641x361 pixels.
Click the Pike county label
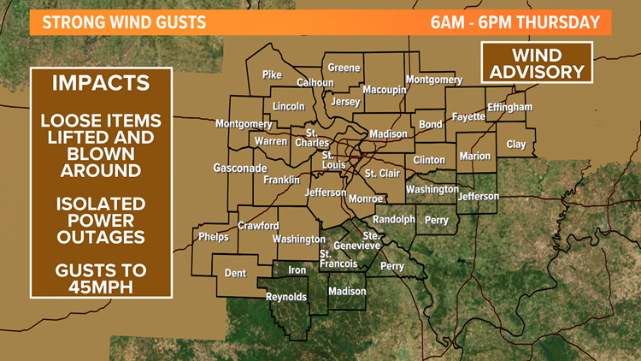[x=272, y=75]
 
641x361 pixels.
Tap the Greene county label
[x=344, y=68]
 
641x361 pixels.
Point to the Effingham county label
[x=510, y=107]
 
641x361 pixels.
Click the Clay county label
[x=516, y=145]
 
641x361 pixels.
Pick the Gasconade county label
[x=240, y=169]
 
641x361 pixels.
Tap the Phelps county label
[x=213, y=237]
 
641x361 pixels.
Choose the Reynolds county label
[x=286, y=297]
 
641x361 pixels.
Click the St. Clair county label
[x=382, y=174]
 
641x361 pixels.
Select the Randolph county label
[x=394, y=219]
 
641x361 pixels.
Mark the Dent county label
[x=235, y=274]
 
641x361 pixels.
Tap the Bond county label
[x=431, y=125]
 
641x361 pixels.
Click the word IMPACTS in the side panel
[x=101, y=84]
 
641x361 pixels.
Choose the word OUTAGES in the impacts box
[x=101, y=237]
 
